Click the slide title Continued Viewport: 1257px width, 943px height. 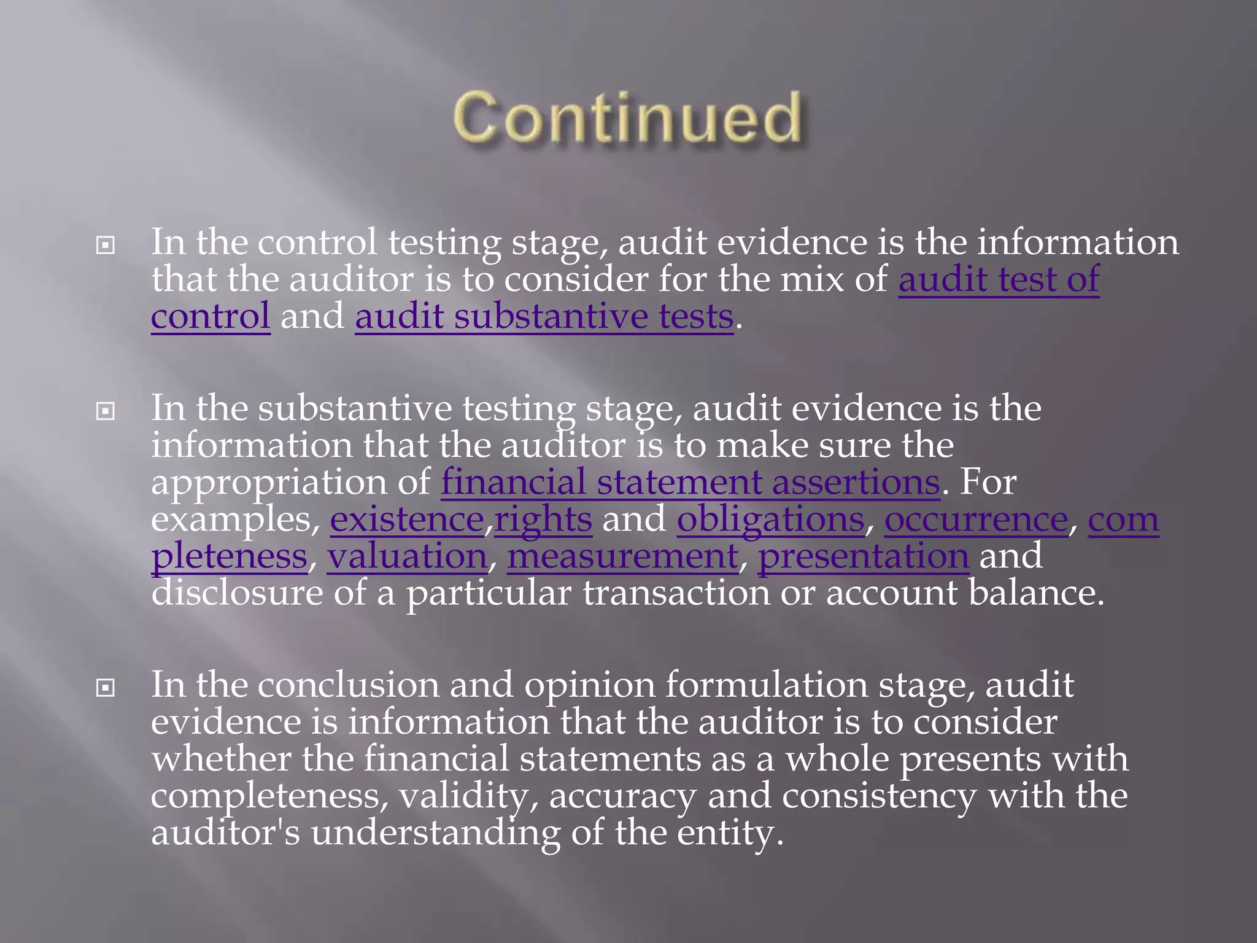click(627, 117)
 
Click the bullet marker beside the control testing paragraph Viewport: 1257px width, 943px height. click(106, 246)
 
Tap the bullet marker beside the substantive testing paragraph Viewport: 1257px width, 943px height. click(106, 411)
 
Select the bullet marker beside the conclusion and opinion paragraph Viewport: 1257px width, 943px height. click(106, 688)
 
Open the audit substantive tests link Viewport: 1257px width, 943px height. click(544, 317)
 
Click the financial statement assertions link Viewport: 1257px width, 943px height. click(690, 483)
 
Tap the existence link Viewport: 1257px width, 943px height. click(407, 520)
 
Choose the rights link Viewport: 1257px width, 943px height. click(543, 520)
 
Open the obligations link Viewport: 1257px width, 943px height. click(770, 520)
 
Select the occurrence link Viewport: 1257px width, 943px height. click(976, 520)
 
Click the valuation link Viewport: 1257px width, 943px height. click(407, 557)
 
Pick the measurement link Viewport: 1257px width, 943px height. click(622, 557)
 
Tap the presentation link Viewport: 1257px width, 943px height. click(863, 557)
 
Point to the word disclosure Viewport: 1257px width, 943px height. click(237, 593)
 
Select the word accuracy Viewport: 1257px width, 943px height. click(622, 796)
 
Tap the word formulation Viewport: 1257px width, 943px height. click(766, 685)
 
